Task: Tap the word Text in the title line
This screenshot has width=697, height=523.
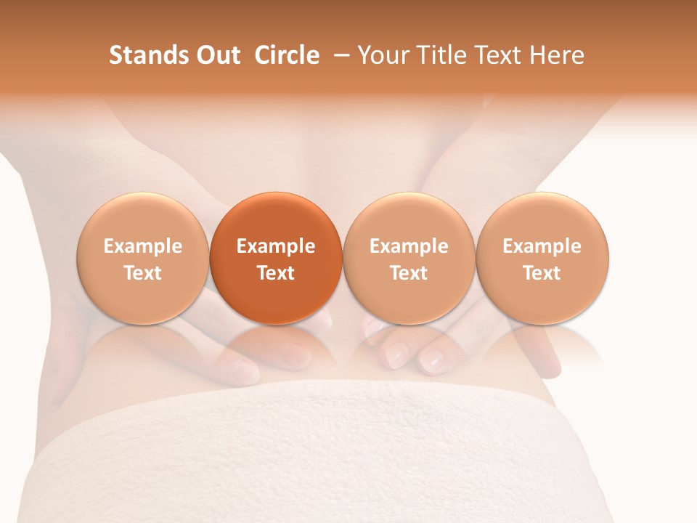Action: pos(498,55)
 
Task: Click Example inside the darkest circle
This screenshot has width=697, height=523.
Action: pos(276,246)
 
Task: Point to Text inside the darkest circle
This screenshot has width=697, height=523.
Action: pos(276,273)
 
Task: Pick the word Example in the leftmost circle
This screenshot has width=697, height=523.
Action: pos(143,246)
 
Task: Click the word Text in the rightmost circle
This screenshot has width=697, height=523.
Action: pos(542,273)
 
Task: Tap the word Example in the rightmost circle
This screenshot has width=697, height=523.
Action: pos(542,246)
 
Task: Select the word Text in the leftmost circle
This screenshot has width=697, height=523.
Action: pos(143,273)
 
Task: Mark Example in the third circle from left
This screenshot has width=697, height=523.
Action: pos(409,246)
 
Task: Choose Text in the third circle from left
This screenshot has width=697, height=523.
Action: pos(409,273)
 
